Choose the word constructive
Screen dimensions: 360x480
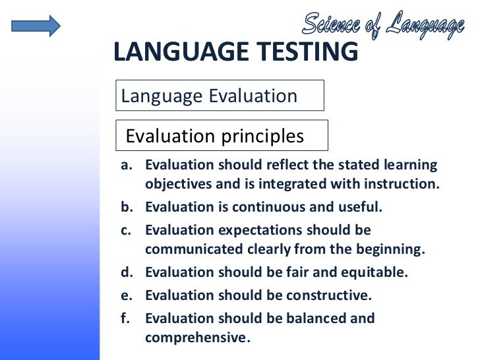(329, 295)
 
